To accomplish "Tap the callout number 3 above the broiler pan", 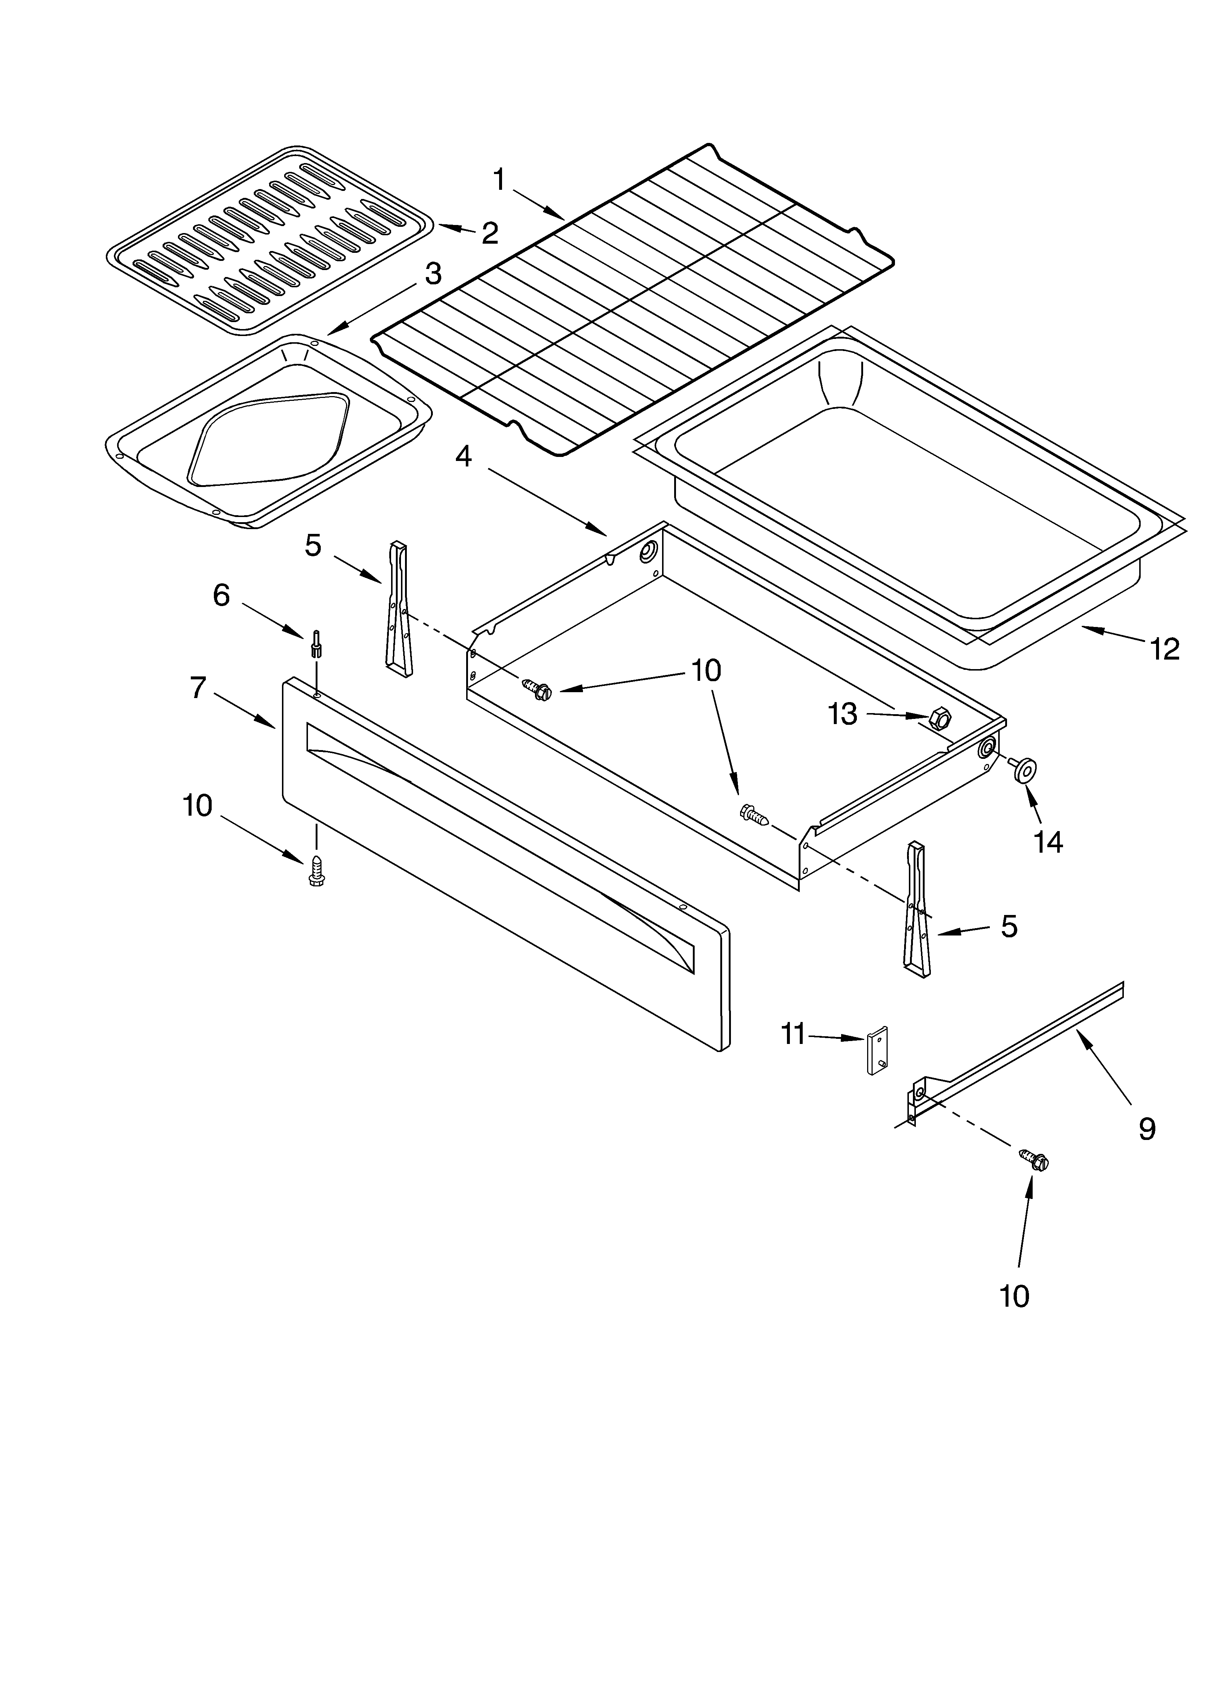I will (x=433, y=275).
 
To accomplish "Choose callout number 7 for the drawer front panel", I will (x=198, y=687).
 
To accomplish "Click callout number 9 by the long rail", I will (x=1147, y=1128).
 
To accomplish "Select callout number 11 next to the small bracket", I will (x=793, y=1034).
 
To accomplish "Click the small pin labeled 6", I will (x=317, y=643).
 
